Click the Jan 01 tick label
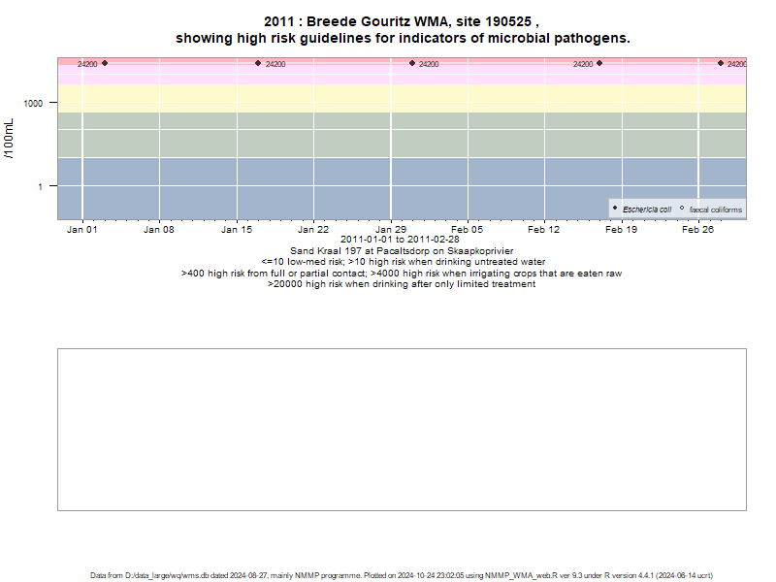[82, 230]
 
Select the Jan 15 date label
[237, 230]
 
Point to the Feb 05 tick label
[467, 230]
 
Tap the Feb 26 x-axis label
[697, 230]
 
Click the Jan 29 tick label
[391, 230]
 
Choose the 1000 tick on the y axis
[33, 104]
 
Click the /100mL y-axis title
[9, 139]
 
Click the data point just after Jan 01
[105, 63]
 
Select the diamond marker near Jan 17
[258, 63]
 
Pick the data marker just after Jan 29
[412, 63]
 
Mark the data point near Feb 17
[599, 63]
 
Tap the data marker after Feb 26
[721, 63]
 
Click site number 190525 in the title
[508, 21]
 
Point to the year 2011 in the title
[279, 21]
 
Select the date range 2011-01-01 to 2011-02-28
[400, 240]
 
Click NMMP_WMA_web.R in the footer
[521, 575]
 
